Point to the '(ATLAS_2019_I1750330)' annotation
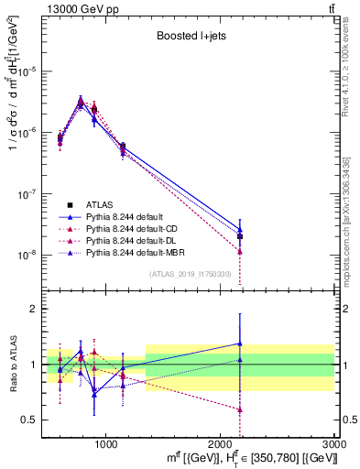click(x=190, y=273)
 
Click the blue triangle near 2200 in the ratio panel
click(x=239, y=344)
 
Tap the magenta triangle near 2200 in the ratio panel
click(x=239, y=409)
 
